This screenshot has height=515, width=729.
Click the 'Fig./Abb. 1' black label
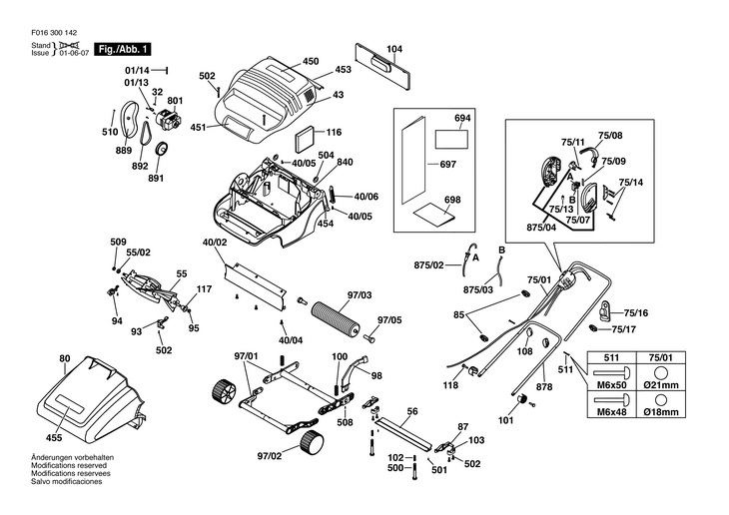pyautogui.click(x=123, y=49)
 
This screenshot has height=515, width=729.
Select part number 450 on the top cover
pyautogui.click(x=311, y=61)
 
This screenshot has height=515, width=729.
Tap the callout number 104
pyautogui.click(x=394, y=48)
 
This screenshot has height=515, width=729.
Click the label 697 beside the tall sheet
pyautogui.click(x=420, y=163)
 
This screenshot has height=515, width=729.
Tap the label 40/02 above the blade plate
pyautogui.click(x=216, y=243)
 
